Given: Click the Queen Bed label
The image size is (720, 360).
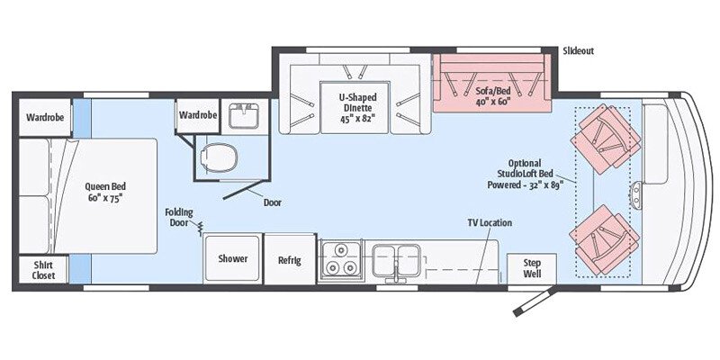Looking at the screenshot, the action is (105, 193).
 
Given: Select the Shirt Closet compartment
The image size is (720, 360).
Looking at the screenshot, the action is (43, 270).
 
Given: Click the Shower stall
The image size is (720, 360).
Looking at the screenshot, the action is (233, 258).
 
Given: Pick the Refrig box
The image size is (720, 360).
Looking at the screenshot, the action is (290, 259).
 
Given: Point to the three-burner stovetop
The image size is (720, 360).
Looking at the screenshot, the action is (341, 258).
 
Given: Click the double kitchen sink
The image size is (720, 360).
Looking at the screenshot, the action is (396, 259).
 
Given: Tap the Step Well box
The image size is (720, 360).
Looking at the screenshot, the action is (532, 268).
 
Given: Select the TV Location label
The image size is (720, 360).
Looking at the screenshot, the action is (490, 222).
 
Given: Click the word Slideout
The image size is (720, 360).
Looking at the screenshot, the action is (578, 51).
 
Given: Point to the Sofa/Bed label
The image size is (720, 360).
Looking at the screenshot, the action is (493, 95).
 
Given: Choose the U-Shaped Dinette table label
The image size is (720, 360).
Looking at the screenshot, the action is (357, 107).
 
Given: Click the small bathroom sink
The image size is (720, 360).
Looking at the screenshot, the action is (244, 116).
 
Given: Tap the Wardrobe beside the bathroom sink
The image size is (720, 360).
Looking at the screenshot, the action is (198, 116).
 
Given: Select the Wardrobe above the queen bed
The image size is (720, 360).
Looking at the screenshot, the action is (45, 118).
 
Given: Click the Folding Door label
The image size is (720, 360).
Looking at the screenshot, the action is (179, 218).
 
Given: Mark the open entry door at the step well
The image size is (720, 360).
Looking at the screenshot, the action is (535, 301).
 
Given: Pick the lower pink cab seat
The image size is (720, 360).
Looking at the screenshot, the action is (604, 239).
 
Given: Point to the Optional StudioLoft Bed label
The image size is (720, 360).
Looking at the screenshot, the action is (525, 174).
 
